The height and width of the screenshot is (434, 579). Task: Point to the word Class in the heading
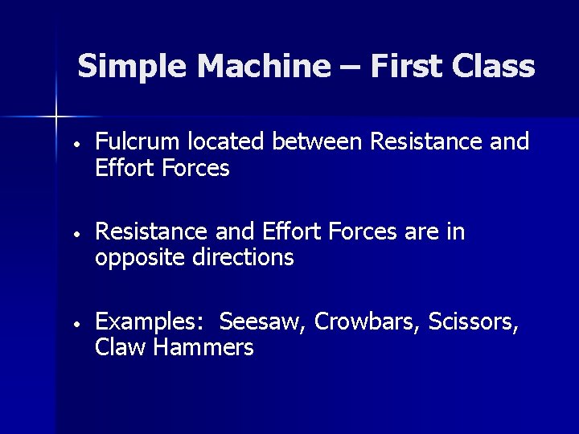[x=494, y=67]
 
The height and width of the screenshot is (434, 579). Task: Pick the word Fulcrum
[x=138, y=142]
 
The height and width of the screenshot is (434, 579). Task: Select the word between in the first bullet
[x=317, y=142]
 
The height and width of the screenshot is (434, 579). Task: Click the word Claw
[x=117, y=348]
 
